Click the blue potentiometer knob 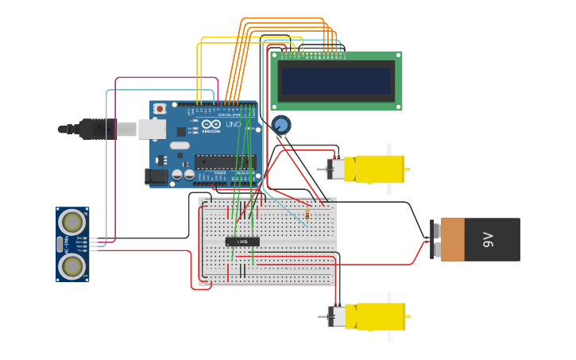280,125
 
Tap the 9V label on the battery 489,239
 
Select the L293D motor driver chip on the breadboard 242,241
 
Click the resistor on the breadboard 307,214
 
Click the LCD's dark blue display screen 336,80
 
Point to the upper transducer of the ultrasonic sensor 72,220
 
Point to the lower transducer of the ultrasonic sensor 72,265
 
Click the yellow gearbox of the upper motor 379,168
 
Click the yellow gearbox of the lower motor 379,316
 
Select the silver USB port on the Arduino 152,129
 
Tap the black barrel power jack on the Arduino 157,176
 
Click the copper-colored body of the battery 453,239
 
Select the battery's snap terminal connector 435,239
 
